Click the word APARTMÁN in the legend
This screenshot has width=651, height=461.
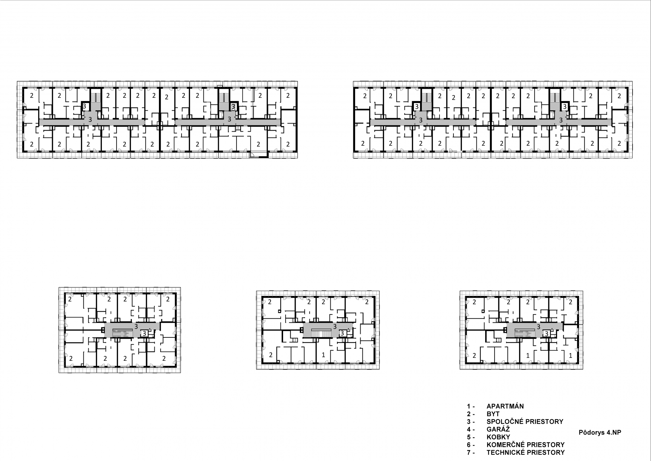coord(505,406)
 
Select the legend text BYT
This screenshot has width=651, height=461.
coord(493,414)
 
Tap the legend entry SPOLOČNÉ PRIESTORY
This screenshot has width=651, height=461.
coord(525,422)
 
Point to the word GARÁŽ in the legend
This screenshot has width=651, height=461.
coord(498,429)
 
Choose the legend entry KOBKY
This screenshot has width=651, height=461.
coord(498,437)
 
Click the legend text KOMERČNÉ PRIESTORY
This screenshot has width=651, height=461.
coord(525,445)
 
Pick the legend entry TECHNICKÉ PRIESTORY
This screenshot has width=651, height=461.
coord(525,453)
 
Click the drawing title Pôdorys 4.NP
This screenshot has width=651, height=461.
coord(600,432)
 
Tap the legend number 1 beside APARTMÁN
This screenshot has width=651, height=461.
coord(468,406)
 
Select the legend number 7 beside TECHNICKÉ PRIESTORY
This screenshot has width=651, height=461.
coord(469,453)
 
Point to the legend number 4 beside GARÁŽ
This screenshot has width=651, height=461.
coord(469,429)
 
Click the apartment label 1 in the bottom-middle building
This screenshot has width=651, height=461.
coord(323,355)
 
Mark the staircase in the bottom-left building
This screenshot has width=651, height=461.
coord(123,333)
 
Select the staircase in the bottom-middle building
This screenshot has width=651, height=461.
coord(321,333)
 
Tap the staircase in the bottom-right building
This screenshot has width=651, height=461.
coord(524,333)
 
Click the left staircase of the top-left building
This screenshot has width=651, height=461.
coord(95,96)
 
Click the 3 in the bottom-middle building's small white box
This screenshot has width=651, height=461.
coord(342,333)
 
